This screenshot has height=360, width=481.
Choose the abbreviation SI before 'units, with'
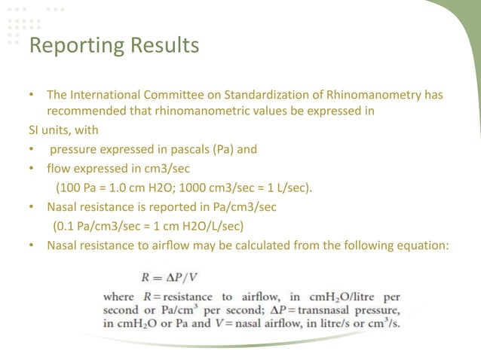[x=25, y=130]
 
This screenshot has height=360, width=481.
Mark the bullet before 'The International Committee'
[x=31, y=96]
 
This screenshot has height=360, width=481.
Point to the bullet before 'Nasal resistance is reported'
[x=31, y=205]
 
